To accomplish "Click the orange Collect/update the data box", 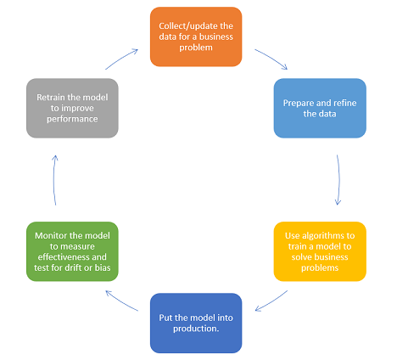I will click(196, 37).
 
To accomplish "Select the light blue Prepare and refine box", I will click(320, 108).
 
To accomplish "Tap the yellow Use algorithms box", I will click(320, 251).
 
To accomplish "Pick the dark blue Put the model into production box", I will click(196, 323).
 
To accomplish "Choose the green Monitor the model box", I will click(72, 251).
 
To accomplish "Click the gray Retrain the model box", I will click(72, 108).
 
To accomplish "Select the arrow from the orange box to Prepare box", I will click(271, 59).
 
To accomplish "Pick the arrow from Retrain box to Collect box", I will click(121, 59).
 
